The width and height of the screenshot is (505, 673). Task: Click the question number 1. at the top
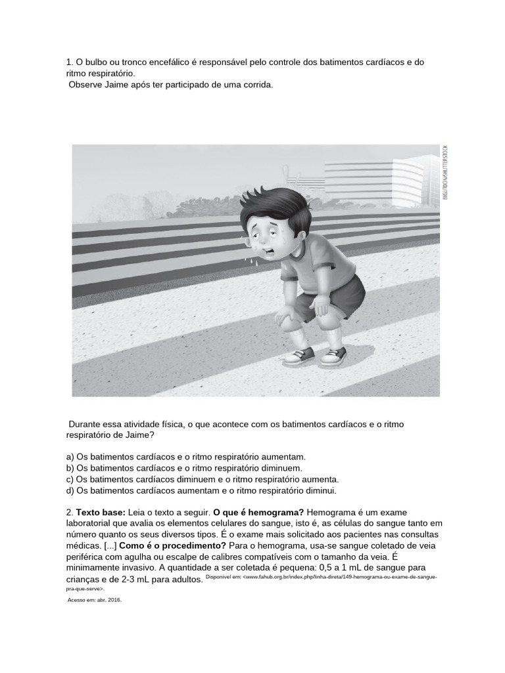pyautogui.click(x=70, y=62)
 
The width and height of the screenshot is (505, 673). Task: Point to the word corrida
pyautogui.click(x=256, y=85)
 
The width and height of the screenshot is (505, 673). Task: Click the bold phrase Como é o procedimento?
pyautogui.click(x=173, y=546)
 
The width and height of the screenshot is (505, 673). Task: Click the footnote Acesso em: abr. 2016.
pyautogui.click(x=95, y=599)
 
